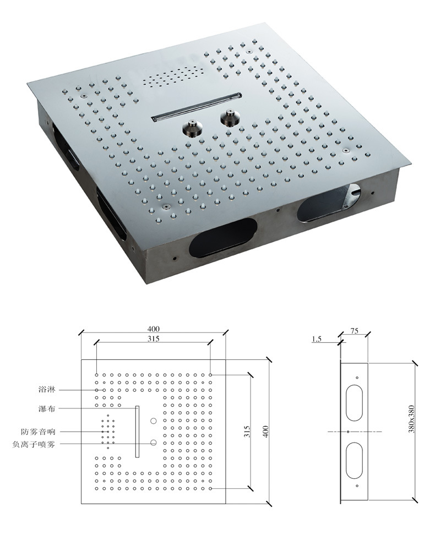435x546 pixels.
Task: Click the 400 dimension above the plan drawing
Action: coord(153,329)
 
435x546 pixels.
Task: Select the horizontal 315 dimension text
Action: coord(153,338)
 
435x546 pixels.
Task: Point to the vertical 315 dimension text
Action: coord(247,432)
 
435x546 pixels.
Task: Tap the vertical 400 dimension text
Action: coord(266,432)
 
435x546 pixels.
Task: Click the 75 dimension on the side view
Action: coord(354,331)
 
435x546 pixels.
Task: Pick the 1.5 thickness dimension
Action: coord(317,339)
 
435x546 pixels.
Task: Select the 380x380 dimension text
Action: coord(411,419)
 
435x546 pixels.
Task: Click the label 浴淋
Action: coord(47,389)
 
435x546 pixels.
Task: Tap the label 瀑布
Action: coord(47,408)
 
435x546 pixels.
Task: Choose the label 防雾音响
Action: coord(39,432)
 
